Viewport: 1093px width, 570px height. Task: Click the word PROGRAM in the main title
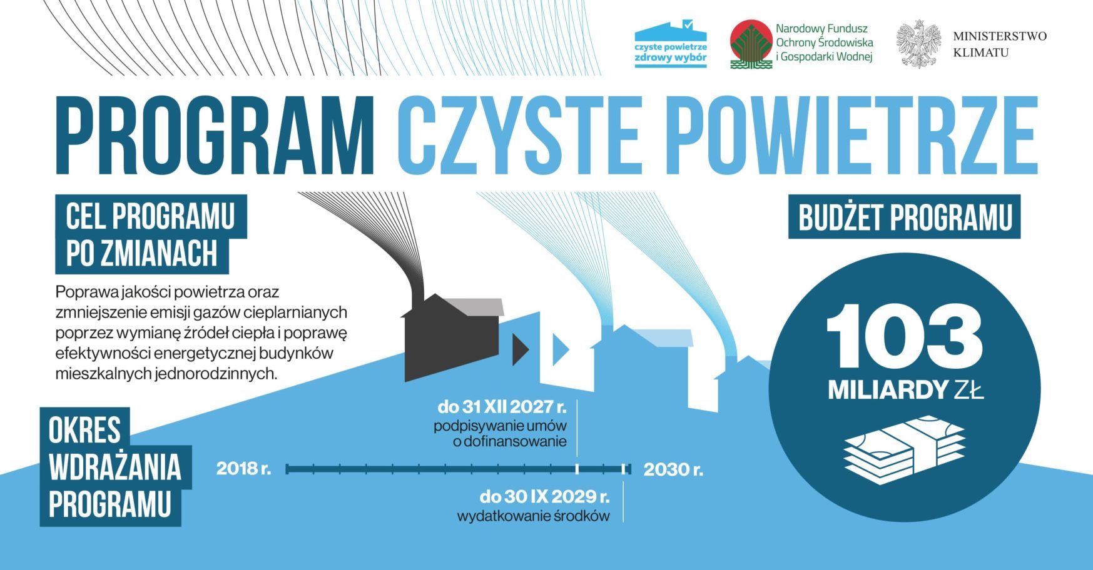click(x=215, y=135)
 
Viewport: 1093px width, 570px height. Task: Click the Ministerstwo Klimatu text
click(x=999, y=44)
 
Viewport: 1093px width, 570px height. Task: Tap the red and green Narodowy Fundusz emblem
click(x=751, y=44)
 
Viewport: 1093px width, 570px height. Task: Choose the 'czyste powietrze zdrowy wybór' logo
click(x=671, y=44)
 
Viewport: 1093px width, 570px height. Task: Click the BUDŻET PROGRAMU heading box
click(x=904, y=217)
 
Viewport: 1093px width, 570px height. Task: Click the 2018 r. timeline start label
click(x=243, y=469)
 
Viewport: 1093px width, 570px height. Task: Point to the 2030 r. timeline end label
click(x=673, y=469)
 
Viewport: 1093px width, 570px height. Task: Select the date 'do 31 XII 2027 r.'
click(x=502, y=407)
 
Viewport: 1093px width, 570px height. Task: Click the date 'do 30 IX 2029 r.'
click(x=544, y=497)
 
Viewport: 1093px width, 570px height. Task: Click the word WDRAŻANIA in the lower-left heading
click(x=114, y=467)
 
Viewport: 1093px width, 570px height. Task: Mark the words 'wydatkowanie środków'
click(x=533, y=517)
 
